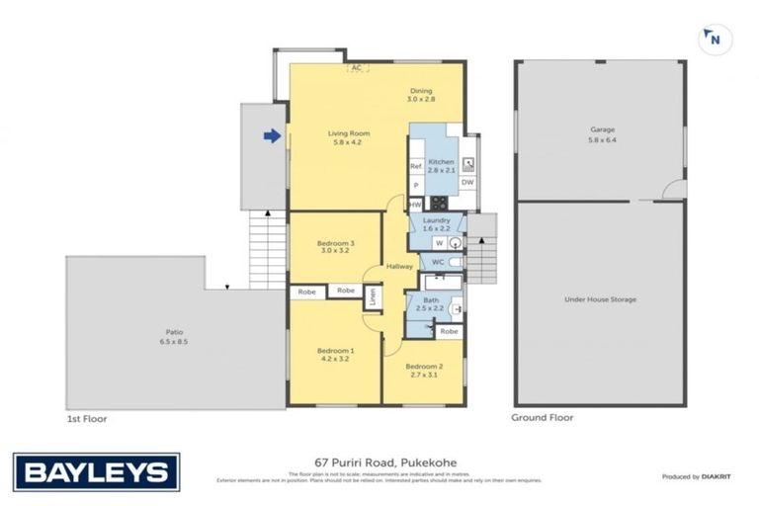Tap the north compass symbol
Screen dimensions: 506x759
[x=710, y=40]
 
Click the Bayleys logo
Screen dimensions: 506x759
[x=96, y=471]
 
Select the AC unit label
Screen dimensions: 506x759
[x=357, y=68]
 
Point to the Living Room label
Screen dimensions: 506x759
[x=349, y=138]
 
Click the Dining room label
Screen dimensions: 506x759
[x=422, y=95]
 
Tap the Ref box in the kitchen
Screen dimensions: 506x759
[x=416, y=166]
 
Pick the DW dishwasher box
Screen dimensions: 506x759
[x=467, y=182]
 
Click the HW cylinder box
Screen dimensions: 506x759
[x=415, y=204]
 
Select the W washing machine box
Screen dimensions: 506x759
[x=438, y=242]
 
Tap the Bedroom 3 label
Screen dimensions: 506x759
[x=335, y=247]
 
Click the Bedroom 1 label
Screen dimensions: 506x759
[x=335, y=355]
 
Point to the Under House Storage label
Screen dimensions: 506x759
[x=600, y=298]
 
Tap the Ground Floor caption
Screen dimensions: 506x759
[x=542, y=418]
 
